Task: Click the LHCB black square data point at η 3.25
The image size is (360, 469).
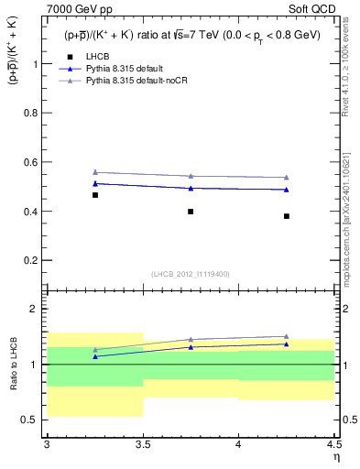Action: [95, 195]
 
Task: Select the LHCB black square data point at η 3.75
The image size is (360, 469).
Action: [191, 212]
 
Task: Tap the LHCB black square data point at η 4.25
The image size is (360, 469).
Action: [287, 216]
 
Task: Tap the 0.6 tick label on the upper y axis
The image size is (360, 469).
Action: [33, 162]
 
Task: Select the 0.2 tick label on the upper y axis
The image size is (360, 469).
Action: [33, 260]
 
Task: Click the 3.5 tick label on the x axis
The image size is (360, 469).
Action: [143, 444]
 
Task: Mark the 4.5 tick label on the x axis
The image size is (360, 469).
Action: [333, 444]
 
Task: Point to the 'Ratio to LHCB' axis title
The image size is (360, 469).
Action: [13, 364]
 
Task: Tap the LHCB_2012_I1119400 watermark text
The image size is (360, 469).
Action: [191, 274]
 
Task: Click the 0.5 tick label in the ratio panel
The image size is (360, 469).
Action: [33, 420]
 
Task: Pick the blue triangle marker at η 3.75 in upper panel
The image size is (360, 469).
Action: [191, 188]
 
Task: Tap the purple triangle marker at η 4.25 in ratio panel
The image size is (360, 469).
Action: [287, 336]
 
